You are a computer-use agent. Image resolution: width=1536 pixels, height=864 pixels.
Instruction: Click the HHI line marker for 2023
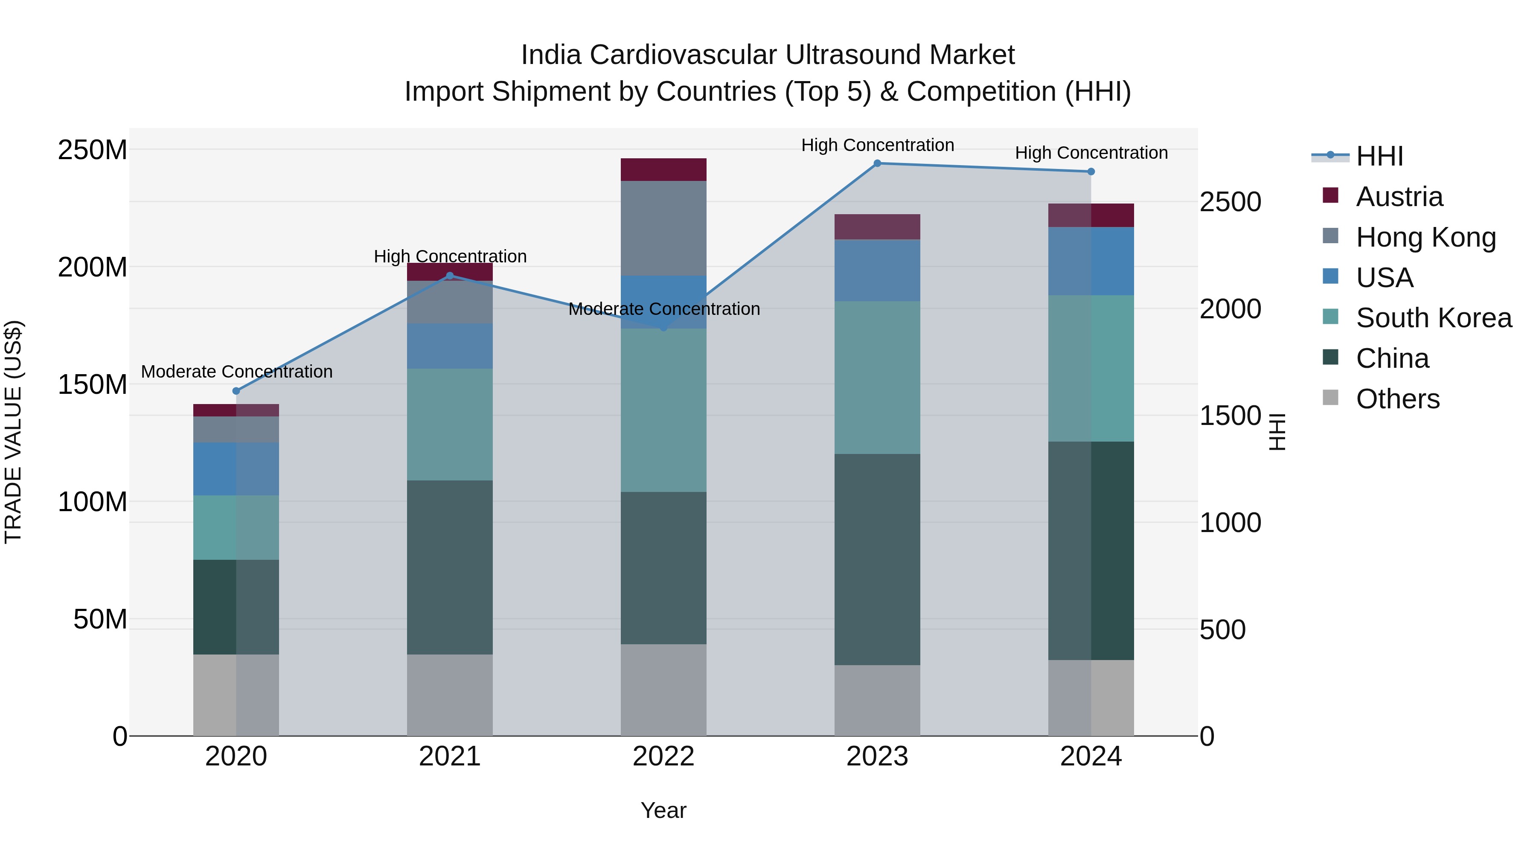[877, 163]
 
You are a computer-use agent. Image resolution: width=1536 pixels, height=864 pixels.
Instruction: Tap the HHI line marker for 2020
[236, 391]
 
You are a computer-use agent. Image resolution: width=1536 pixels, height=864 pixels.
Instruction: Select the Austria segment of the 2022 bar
[663, 170]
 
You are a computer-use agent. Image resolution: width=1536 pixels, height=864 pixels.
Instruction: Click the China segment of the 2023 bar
[877, 559]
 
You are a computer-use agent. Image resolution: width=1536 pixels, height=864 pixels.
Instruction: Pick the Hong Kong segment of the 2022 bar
[663, 228]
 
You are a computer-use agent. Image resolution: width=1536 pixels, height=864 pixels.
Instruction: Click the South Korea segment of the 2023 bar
[877, 378]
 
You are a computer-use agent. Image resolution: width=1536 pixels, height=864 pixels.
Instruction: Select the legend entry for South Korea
[1434, 318]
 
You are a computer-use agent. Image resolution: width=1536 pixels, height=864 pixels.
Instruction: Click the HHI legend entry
[1379, 156]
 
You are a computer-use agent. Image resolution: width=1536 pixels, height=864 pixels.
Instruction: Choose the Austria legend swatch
[1330, 195]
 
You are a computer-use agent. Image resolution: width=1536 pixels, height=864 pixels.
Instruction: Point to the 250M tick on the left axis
[93, 150]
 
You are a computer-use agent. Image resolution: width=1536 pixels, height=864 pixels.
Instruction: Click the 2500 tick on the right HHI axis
[1230, 202]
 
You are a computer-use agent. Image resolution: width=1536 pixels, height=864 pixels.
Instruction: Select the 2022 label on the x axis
[663, 756]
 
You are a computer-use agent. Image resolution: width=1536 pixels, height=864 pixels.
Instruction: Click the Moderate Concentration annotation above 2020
[237, 372]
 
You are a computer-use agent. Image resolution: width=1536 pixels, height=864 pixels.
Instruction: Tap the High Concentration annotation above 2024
[1091, 153]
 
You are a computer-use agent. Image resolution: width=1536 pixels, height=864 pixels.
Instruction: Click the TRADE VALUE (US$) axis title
[13, 432]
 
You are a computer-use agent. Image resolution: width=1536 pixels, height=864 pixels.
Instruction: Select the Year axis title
[663, 810]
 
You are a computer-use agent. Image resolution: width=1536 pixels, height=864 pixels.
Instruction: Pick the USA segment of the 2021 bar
[450, 346]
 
